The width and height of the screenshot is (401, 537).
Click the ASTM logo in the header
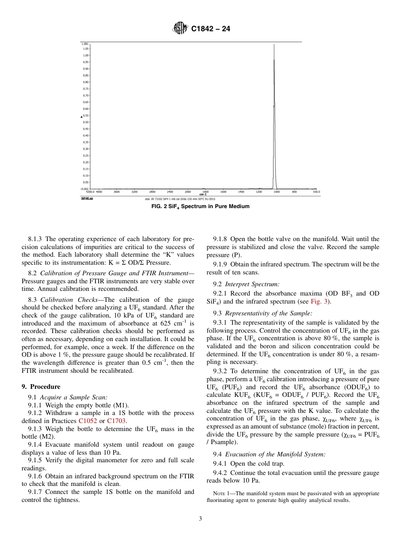tap(180, 29)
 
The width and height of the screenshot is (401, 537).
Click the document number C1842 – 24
tap(211, 29)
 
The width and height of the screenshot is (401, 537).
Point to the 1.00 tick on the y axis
tap(86, 55)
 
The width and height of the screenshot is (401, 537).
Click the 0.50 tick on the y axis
tap(86, 122)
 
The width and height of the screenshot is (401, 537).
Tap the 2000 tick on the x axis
tap(188, 192)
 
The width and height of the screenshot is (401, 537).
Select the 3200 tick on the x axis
tap(135, 192)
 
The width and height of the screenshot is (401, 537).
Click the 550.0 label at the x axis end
tap(316, 192)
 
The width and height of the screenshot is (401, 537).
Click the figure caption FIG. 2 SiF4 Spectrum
tap(200, 206)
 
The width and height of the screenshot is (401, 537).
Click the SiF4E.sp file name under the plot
tap(87, 198)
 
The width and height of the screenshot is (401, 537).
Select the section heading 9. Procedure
tap(41, 387)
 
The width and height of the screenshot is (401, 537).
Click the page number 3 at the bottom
tap(200, 519)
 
